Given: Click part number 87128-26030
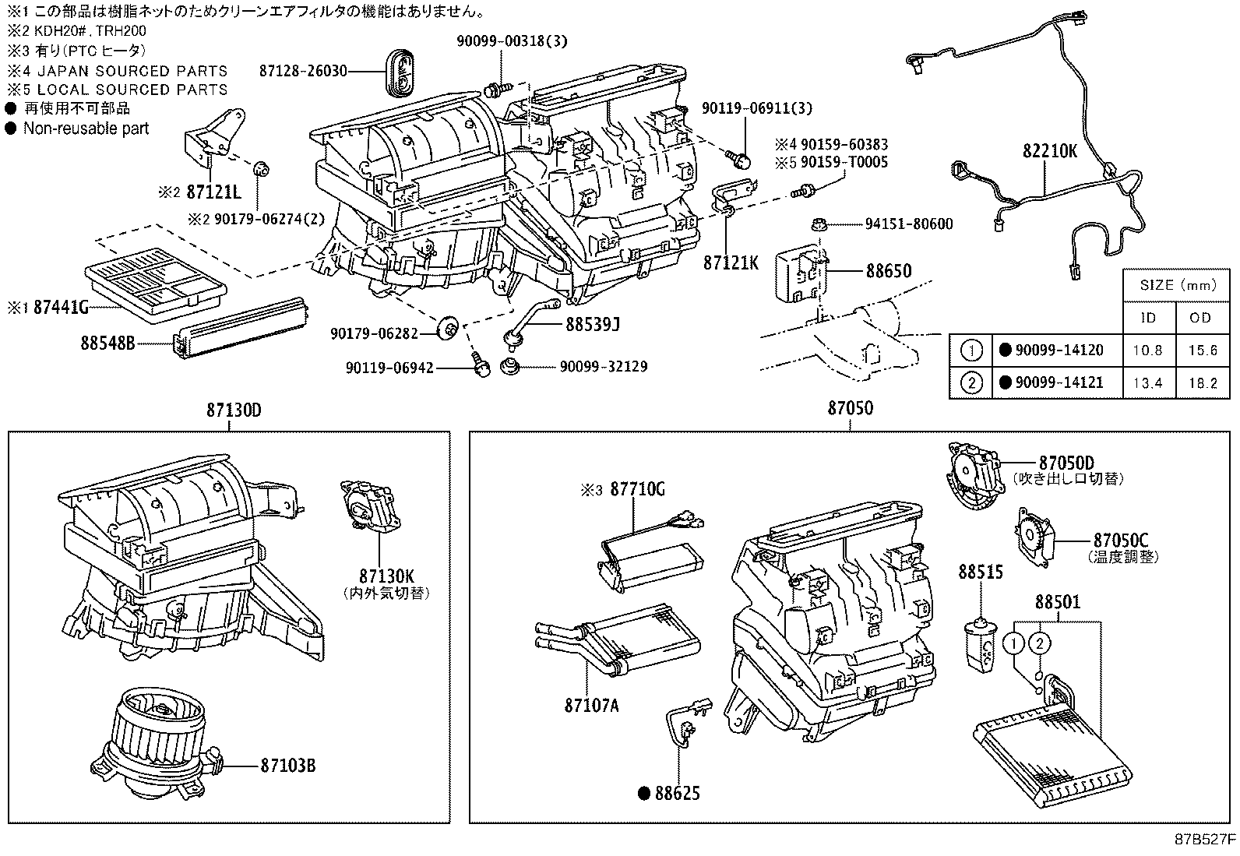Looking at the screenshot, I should point(304,70).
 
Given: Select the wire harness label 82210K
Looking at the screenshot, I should point(1049,151).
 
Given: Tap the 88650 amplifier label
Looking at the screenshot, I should point(888,271).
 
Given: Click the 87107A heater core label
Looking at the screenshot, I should point(591,706).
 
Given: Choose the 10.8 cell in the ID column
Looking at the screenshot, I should point(1148,351).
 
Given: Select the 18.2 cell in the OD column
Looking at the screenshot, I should point(1201,382).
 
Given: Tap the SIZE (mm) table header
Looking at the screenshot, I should point(1177,285).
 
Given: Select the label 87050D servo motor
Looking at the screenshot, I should point(1066,462).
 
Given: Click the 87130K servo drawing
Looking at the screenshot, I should point(366,506).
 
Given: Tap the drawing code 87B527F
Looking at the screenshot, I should point(1204,841).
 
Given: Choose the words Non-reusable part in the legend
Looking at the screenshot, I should point(86,129).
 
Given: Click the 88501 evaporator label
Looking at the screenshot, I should point(1057,603).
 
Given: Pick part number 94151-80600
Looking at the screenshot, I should point(908,224).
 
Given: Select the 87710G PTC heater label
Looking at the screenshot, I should point(636,489).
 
